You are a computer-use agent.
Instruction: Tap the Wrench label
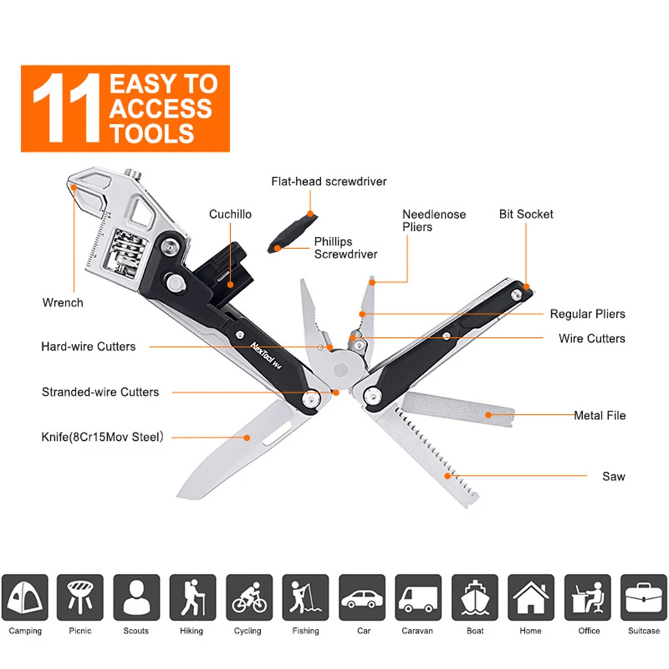(x=63, y=302)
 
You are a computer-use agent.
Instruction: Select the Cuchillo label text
(x=230, y=214)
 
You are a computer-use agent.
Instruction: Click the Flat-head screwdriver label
(x=328, y=181)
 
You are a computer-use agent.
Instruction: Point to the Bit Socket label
(x=526, y=214)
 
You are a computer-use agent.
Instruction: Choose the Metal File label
(x=599, y=415)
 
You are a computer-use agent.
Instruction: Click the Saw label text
(x=613, y=476)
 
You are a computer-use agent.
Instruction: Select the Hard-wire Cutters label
(x=88, y=347)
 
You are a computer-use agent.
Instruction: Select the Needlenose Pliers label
(x=434, y=221)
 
